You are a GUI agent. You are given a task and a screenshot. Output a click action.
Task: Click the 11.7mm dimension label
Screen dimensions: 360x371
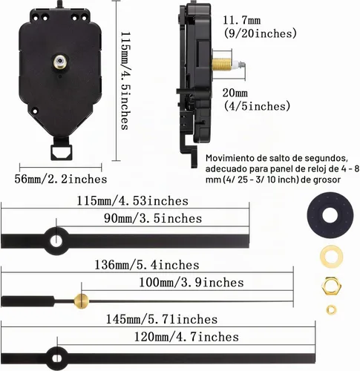pyautogui.click(x=242, y=20)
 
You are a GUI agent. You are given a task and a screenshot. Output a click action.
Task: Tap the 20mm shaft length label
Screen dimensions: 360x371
pyautogui.click(x=235, y=93)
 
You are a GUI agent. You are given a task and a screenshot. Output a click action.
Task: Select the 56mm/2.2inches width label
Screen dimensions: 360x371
pyautogui.click(x=61, y=179)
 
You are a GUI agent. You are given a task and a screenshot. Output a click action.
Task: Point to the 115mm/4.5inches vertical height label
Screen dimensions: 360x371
pyautogui.click(x=125, y=80)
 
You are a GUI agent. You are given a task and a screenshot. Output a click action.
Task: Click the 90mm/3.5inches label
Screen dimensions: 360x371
pyautogui.click(x=153, y=218)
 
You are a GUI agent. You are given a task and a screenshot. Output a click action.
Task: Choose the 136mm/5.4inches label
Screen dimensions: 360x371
pyautogui.click(x=147, y=265)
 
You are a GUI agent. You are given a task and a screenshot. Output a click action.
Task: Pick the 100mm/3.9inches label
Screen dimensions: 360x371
pyautogui.click(x=192, y=283)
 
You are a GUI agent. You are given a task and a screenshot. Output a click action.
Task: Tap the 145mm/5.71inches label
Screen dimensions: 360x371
pyautogui.click(x=162, y=319)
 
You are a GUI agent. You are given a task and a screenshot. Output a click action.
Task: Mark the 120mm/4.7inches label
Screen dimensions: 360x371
pyautogui.click(x=186, y=337)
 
